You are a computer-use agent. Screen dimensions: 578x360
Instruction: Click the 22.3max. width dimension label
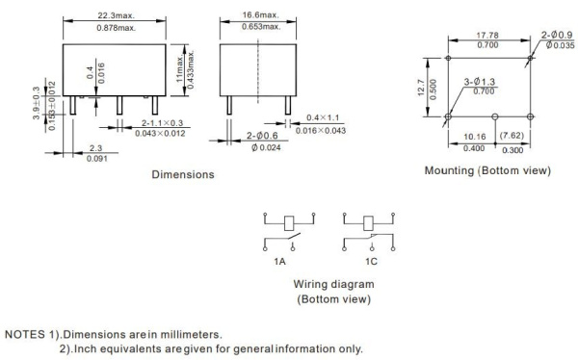117,15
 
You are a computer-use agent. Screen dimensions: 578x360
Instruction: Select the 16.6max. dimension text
261,15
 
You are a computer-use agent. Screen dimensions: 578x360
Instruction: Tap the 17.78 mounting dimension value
487,36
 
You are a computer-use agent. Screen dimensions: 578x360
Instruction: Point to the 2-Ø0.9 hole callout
558,35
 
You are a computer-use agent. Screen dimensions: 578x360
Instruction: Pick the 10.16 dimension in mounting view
474,137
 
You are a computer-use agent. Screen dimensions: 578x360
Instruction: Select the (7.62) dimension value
512,136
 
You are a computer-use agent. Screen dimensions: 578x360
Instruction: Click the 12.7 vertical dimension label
421,88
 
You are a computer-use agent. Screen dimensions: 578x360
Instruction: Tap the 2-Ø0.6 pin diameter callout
262,136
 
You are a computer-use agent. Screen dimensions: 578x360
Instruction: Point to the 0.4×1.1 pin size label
323,117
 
